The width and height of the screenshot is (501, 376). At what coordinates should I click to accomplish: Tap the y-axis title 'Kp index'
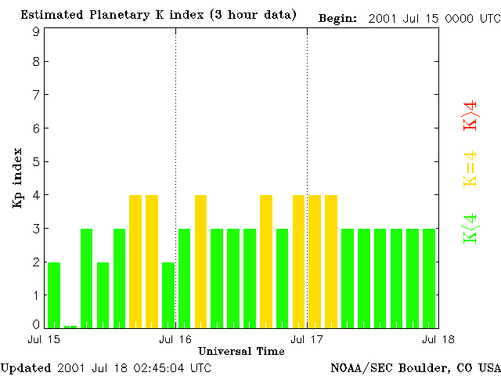[x=16, y=178]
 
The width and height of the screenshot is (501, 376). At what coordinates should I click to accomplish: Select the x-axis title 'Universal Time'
[x=241, y=351]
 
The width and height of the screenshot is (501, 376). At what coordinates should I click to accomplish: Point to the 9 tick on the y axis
[x=36, y=31]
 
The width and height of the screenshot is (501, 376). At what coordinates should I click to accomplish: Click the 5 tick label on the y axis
[x=36, y=162]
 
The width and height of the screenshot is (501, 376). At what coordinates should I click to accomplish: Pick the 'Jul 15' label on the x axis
[x=45, y=339]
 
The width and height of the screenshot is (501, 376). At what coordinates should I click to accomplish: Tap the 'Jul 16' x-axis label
[x=175, y=339]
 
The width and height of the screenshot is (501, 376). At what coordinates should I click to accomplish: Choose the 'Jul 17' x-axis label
[x=307, y=339]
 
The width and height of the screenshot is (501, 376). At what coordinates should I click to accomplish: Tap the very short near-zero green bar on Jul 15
[x=70, y=326]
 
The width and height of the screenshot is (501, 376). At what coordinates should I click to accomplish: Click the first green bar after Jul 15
[x=54, y=295]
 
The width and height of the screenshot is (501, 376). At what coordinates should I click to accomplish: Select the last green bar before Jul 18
[x=429, y=278]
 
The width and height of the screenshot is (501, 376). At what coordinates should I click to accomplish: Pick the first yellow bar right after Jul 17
[x=315, y=262]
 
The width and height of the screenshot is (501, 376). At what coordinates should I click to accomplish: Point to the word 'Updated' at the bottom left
[x=25, y=367]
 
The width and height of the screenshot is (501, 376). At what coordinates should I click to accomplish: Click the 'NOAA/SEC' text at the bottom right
[x=357, y=367]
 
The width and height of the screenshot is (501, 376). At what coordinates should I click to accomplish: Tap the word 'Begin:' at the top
[x=338, y=16]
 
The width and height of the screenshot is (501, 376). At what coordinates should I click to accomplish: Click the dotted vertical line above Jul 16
[x=175, y=117]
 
